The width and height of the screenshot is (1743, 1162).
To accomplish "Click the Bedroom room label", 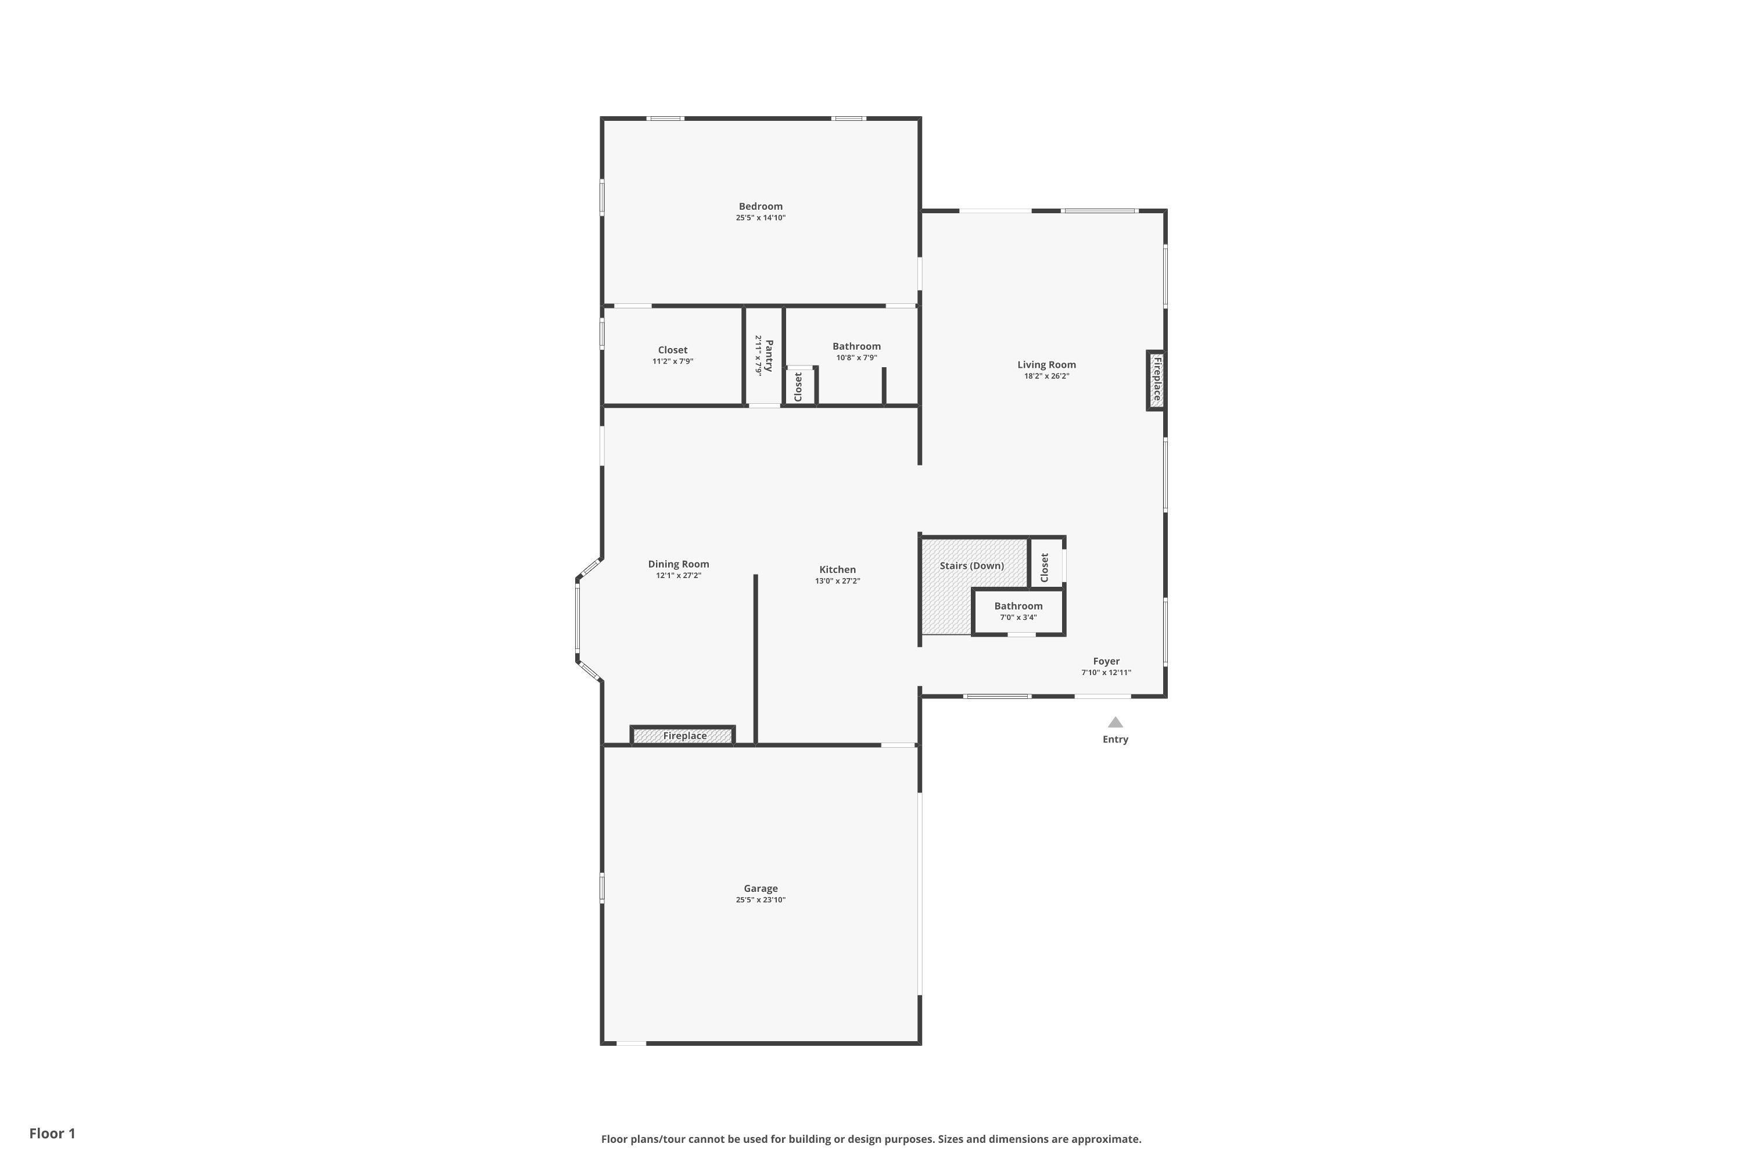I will click(x=761, y=206).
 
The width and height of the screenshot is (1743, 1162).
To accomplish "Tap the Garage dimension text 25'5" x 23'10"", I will click(x=761, y=899).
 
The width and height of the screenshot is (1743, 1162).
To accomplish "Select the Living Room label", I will click(x=1046, y=365).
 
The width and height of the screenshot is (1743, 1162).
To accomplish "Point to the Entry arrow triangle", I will click(x=1116, y=722).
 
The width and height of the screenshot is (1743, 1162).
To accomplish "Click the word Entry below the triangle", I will click(x=1116, y=739).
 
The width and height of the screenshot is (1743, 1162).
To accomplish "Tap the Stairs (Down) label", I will click(x=971, y=565).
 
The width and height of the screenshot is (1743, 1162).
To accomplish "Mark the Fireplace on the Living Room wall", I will click(x=1156, y=379).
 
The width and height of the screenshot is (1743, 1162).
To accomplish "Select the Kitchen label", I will click(x=837, y=569).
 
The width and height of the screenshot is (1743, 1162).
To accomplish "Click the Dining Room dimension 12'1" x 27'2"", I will click(x=678, y=575).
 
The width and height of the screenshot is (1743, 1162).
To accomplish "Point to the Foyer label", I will click(x=1106, y=661).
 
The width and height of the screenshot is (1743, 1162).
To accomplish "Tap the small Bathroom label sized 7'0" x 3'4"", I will click(x=1018, y=605).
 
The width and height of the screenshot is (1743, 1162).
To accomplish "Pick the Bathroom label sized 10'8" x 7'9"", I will click(x=856, y=346).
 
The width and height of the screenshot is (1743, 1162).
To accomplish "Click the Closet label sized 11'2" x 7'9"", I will click(x=673, y=350).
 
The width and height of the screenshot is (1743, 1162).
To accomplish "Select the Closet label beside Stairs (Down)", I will click(x=1045, y=568).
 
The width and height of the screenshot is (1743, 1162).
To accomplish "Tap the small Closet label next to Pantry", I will click(x=798, y=387).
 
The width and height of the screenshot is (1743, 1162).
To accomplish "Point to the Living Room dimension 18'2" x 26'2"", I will click(x=1046, y=376).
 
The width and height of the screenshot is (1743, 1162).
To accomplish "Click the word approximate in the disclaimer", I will click(x=1106, y=1139).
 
